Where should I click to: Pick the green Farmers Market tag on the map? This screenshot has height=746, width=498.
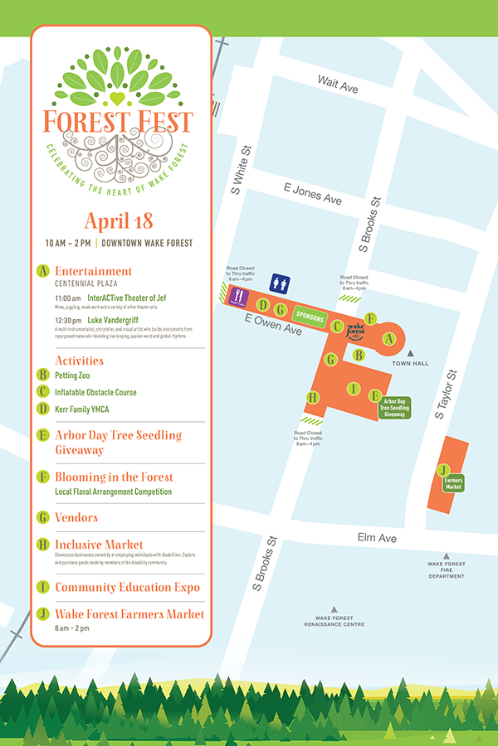coord(453,482)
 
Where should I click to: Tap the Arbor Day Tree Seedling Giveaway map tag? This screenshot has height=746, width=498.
coord(394,407)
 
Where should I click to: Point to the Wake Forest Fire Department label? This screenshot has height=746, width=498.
coord(447,569)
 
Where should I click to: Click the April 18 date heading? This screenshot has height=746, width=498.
coord(119,221)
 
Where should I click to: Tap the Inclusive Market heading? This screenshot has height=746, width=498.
coord(99,545)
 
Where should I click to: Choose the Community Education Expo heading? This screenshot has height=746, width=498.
coord(127,587)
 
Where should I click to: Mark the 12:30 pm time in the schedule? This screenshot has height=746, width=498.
coord(68,320)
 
